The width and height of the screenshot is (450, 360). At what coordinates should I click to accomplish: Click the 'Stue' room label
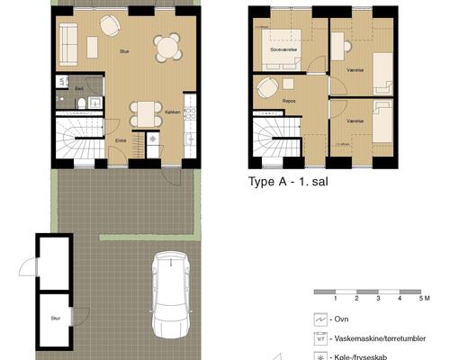click(x=124, y=52)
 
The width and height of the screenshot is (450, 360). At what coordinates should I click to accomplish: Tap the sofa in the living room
click(x=67, y=40)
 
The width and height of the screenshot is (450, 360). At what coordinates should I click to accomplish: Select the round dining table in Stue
click(x=166, y=46)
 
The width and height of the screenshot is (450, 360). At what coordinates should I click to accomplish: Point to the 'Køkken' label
click(x=174, y=112)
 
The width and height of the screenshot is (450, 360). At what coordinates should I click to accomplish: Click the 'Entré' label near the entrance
click(x=120, y=140)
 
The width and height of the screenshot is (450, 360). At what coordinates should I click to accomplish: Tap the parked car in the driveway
click(x=171, y=294)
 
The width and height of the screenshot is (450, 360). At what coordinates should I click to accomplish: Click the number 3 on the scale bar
click(x=378, y=297)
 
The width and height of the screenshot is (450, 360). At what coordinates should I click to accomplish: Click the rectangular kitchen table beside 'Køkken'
click(x=144, y=112)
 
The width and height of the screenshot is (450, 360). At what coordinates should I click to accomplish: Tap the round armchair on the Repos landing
click(x=266, y=88)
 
